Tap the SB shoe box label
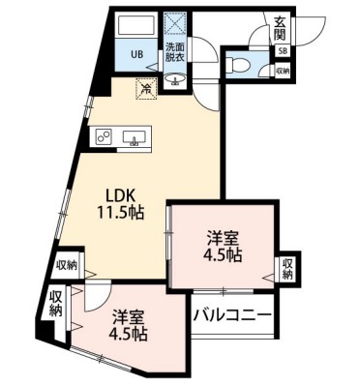coord(282,51)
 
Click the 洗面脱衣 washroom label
coord(176,52)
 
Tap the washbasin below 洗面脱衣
coord(177,79)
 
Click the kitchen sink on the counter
coord(135,138)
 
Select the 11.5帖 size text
coord(120,212)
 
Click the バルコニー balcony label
coord(232,314)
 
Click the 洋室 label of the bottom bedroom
coord(127,315)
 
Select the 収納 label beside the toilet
coord(281,71)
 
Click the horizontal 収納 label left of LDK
coord(66,264)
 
